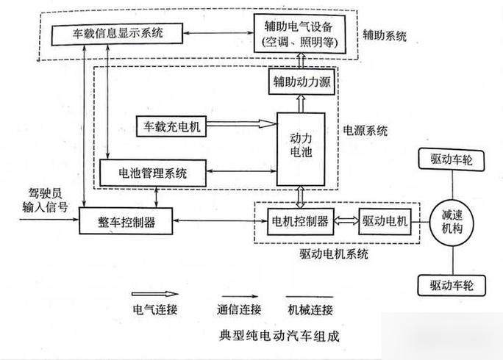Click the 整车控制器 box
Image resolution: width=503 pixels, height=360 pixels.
(x=127, y=221)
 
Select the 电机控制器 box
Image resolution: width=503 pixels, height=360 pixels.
(x=299, y=221)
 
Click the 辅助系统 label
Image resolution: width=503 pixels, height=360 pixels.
(x=385, y=35)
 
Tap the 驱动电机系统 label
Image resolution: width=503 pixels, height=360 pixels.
(x=334, y=254)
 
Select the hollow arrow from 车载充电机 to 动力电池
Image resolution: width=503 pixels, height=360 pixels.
(x=240, y=126)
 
